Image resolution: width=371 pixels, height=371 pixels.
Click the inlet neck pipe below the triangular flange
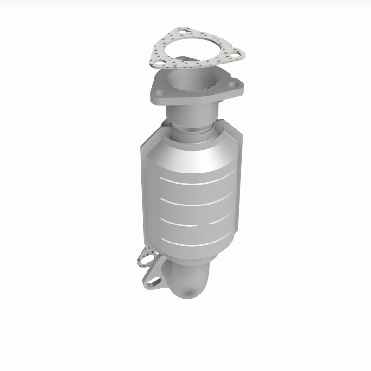pyautogui.click(x=195, y=111)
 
